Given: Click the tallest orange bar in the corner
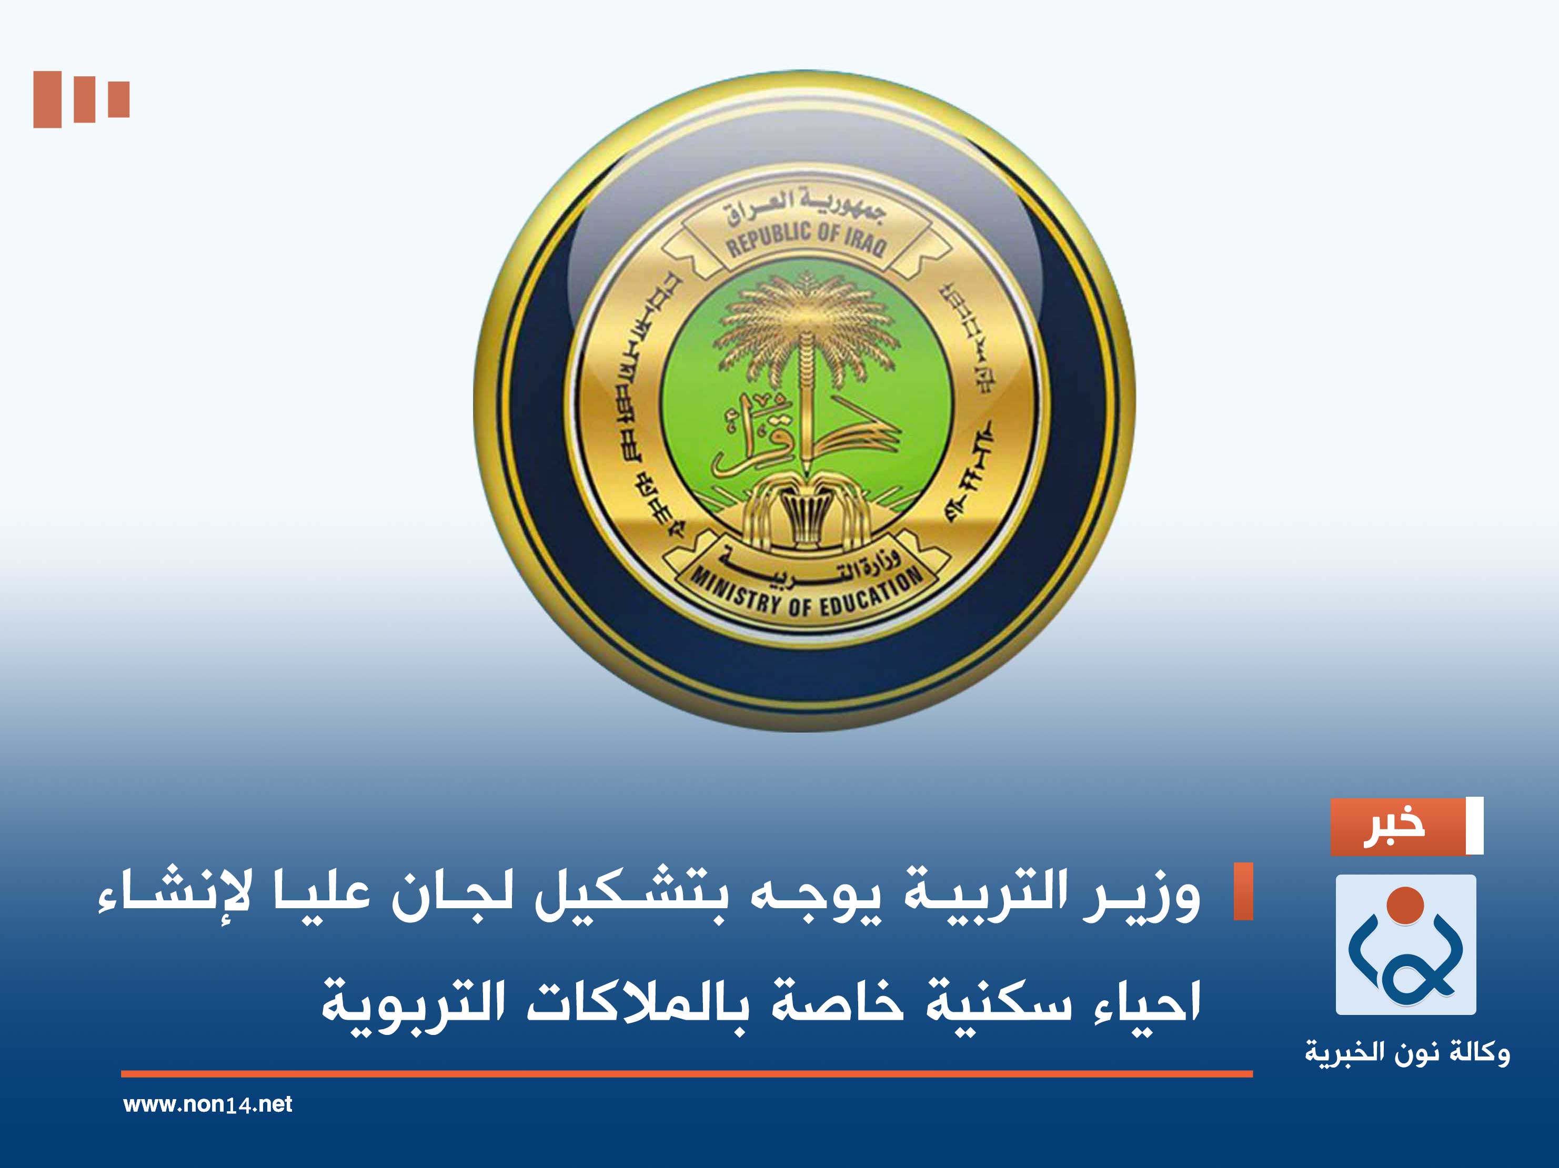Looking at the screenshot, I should point(47,99).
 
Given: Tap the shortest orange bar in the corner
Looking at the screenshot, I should point(119,99).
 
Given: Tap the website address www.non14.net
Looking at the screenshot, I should point(207,1104).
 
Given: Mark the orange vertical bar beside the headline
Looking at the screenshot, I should point(1243,891).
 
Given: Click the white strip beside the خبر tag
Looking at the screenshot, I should point(1474,826).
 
